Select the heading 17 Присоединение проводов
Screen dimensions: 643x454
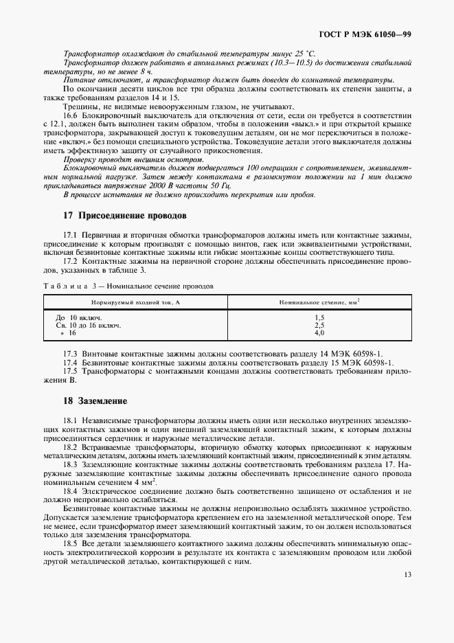[x=124, y=215]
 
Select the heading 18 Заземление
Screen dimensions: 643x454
[x=95, y=400]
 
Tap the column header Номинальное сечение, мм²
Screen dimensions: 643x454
[x=319, y=302]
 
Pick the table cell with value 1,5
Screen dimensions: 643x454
[x=319, y=318]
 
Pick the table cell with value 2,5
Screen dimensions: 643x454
[x=319, y=325]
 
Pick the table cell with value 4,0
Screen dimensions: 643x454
[x=319, y=332]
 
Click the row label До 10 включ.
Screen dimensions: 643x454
[x=78, y=318]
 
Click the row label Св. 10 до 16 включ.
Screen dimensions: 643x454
[x=88, y=325]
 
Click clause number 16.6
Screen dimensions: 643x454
[x=71, y=115]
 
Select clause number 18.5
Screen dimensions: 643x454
[x=71, y=543]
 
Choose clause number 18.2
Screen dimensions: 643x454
[x=71, y=447]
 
